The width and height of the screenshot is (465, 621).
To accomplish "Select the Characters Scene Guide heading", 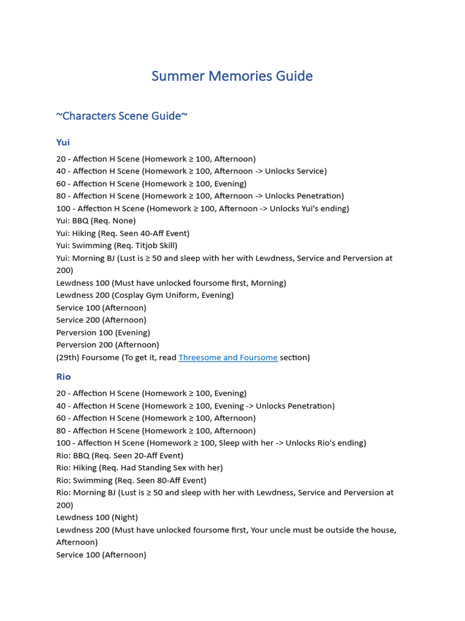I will (x=122, y=116).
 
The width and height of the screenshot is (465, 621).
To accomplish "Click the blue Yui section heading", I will (x=63, y=143).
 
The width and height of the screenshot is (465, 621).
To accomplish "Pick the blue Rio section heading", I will (x=64, y=377).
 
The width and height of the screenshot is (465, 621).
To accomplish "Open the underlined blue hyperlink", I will (x=228, y=358).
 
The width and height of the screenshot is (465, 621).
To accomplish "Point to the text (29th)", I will (x=67, y=358).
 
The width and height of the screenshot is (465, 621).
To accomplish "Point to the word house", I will (x=381, y=530).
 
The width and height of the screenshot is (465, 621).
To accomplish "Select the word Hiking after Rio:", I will (x=86, y=468).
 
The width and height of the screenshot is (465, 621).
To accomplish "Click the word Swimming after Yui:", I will (x=92, y=246).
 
